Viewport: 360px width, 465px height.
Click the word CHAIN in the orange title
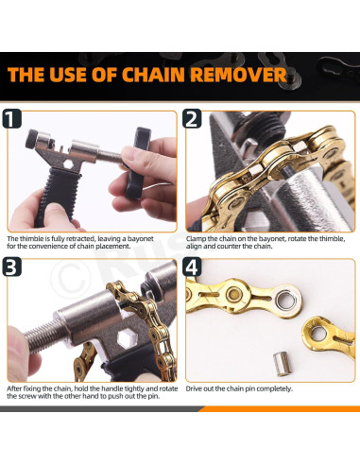pyautogui.click(x=153, y=75)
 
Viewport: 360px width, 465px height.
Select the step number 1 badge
pyautogui.click(x=11, y=118)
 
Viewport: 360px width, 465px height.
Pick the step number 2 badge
pyautogui.click(x=192, y=118)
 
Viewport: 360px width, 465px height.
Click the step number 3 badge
pyautogui.click(x=11, y=267)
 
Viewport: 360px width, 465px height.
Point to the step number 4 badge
pyautogui.click(x=192, y=267)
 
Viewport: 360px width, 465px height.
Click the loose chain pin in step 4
pyautogui.click(x=281, y=364)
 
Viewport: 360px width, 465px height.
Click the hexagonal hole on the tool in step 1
pyautogui.click(x=68, y=164)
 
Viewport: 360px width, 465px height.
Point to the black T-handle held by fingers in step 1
pyautogui.click(x=138, y=164)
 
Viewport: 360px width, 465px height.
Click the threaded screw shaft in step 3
pyautogui.click(x=43, y=334)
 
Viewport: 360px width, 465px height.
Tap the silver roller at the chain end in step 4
pyautogui.click(x=286, y=300)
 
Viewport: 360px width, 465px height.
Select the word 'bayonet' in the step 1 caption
pyautogui.click(x=142, y=239)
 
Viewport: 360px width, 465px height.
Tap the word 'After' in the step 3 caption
pyautogui.click(x=14, y=388)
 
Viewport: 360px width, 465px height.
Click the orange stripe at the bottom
pyautogui.click(x=279, y=409)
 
